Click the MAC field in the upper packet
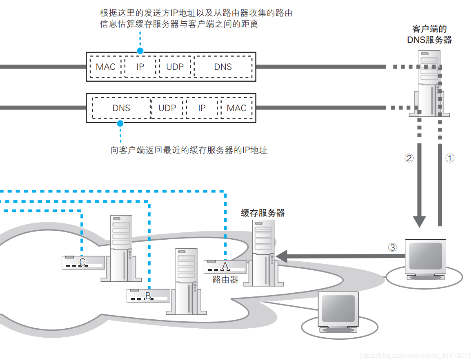click(106, 67)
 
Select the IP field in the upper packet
click(140, 67)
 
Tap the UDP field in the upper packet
click(175, 67)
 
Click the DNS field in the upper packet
click(223, 67)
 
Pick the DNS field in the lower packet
click(121, 108)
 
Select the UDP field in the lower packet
click(167, 108)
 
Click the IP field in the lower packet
click(202, 108)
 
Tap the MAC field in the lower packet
click(236, 108)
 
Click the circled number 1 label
click(450, 158)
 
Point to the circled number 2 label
click(409, 158)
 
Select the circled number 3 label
click(392, 247)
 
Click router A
click(225, 267)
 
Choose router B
click(148, 295)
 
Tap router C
click(83, 262)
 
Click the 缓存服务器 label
click(263, 213)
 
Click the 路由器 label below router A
click(225, 280)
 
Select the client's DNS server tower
click(429, 84)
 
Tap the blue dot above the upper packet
click(140, 51)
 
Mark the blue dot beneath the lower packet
click(120, 123)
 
